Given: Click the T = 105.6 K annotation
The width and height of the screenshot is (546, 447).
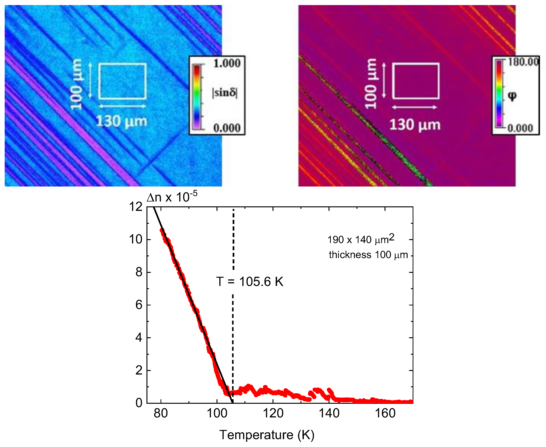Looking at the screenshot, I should point(249,282).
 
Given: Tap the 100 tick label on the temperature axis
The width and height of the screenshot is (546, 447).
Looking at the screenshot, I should point(217,413).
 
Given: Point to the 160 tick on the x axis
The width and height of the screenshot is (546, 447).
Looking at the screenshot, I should point(385,413).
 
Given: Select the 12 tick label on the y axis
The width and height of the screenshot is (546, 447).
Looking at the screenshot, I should point(135,207).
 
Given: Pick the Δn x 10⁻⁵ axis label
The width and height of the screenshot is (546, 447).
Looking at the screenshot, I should point(172,197).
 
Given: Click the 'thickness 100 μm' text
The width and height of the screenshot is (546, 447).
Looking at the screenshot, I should point(368,255).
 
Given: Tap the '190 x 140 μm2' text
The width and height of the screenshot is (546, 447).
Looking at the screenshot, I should point(361,240).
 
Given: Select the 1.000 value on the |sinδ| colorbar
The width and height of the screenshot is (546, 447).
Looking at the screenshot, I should point(227,63).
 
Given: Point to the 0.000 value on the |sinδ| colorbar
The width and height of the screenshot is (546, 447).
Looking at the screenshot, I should point(227,128).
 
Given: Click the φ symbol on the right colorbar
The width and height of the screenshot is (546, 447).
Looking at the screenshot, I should point(512,96).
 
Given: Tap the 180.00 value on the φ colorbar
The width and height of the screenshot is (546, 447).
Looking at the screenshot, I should point(523,62).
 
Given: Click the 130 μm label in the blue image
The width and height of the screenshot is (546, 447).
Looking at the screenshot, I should point(121,121).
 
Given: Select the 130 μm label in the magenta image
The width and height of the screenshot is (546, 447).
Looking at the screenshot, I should point(415,125).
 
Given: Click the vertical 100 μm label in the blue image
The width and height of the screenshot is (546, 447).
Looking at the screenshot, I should point(76,84).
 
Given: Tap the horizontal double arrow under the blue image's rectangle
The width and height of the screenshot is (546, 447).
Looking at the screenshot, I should point(122,106).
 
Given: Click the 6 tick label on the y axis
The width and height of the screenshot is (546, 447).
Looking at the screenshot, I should point(139,305).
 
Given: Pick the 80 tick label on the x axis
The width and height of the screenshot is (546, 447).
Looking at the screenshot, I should point(161,413).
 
